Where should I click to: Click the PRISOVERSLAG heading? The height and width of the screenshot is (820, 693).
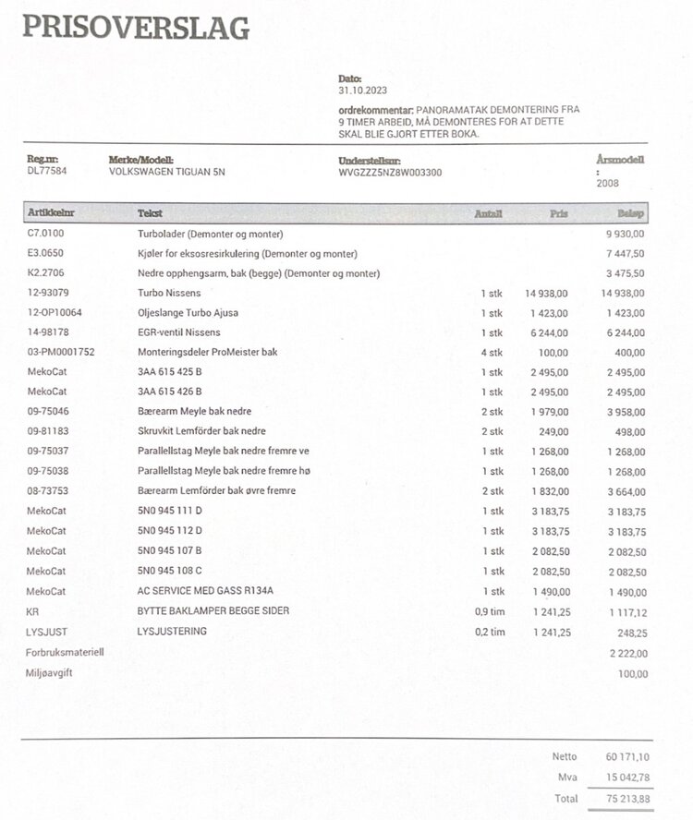click(x=136, y=28)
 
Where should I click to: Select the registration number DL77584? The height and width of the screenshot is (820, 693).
click(x=47, y=171)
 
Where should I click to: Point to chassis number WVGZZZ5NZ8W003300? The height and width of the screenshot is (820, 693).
click(x=390, y=172)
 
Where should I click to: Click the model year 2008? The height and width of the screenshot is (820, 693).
click(x=607, y=183)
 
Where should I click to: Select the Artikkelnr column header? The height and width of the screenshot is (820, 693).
click(x=52, y=213)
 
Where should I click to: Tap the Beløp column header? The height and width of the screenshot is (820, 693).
click(x=632, y=213)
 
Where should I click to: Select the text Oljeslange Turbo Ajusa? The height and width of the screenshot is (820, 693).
click(x=188, y=312)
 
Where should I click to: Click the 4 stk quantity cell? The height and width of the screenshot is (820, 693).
click(x=493, y=352)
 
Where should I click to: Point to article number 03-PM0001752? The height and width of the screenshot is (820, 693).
click(x=61, y=352)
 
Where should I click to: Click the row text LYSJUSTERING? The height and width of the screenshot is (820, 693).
click(x=172, y=632)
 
